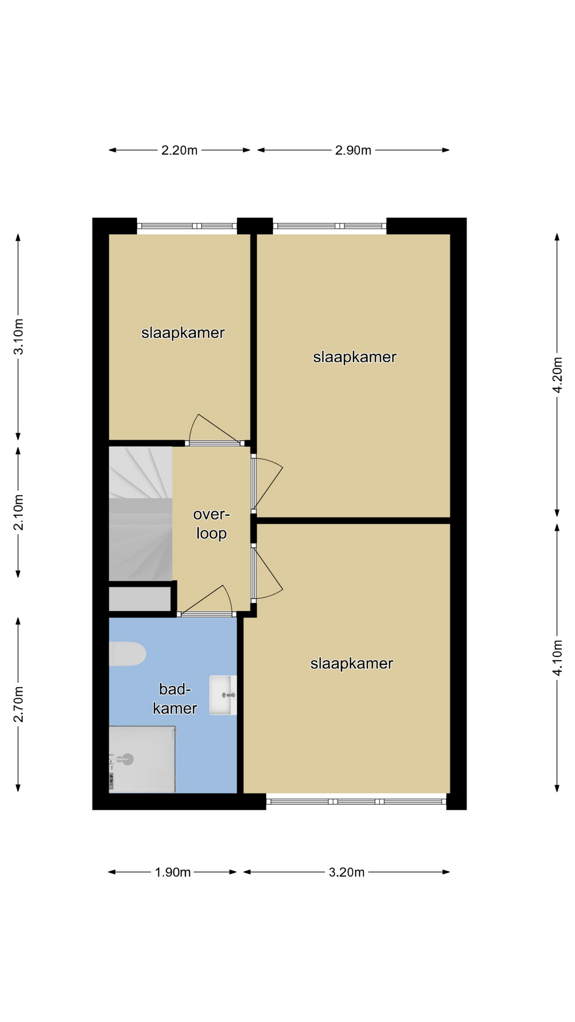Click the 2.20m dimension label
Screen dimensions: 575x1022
pos(179,151)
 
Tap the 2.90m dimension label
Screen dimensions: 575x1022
pos(353,151)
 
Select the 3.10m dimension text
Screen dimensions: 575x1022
pos(19,337)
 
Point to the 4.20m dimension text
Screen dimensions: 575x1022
pos(557,375)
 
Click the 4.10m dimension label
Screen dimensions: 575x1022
pos(557,658)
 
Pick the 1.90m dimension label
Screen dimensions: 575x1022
pos(172,872)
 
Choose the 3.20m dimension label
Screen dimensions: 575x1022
pos(347,872)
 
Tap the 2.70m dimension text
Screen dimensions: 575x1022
pos(19,704)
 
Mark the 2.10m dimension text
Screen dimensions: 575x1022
pos(19,513)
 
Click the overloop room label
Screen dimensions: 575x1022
pos(211,524)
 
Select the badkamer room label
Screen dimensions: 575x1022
pos(175,698)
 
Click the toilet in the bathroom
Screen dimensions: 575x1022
pos(127,654)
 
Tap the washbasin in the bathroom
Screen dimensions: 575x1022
pos(223,695)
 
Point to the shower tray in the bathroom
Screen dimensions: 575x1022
pos(142,760)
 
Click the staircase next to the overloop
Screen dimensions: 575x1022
pos(141,514)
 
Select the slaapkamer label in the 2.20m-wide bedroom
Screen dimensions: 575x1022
pos(183,333)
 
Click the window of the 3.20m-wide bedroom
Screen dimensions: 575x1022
pos(356,801)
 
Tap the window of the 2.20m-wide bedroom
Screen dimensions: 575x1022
pos(187,226)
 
